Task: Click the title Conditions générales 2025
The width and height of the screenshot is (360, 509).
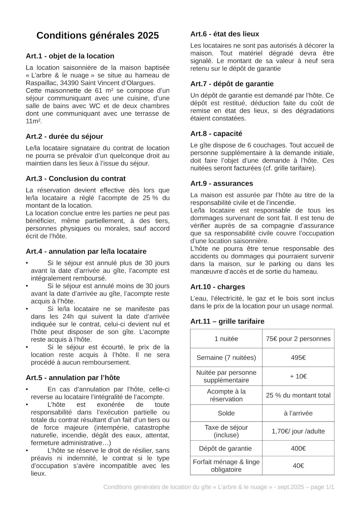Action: tap(97, 36)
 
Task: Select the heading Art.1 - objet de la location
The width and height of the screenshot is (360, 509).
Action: tap(70, 56)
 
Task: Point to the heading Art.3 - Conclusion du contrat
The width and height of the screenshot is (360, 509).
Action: tap(76, 179)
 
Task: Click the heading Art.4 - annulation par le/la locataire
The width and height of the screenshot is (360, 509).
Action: tap(86, 251)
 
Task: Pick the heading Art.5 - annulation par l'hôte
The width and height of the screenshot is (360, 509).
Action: tap(73, 378)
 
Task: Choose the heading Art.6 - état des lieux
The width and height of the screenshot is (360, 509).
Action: tap(225, 34)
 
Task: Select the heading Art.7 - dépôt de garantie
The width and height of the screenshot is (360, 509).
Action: tap(232, 84)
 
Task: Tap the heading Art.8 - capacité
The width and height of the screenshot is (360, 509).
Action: tap(216, 133)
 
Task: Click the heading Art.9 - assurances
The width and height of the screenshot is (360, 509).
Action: tap(222, 183)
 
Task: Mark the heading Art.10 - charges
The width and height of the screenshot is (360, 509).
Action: tap(217, 287)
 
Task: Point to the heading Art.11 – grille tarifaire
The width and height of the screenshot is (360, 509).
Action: tap(227, 322)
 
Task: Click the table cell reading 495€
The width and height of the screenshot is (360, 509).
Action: tap(298, 358)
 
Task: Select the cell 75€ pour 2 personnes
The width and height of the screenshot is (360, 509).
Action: tap(298, 339)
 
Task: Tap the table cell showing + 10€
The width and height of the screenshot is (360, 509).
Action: tap(298, 376)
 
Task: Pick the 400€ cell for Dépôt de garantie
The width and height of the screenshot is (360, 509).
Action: tap(298, 448)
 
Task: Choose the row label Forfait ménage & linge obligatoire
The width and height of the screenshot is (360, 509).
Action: tap(226, 466)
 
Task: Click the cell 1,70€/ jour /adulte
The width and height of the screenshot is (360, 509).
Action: tap(298, 431)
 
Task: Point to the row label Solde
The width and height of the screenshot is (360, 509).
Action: tap(226, 413)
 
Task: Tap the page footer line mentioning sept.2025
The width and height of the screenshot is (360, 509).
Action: tap(218, 487)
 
